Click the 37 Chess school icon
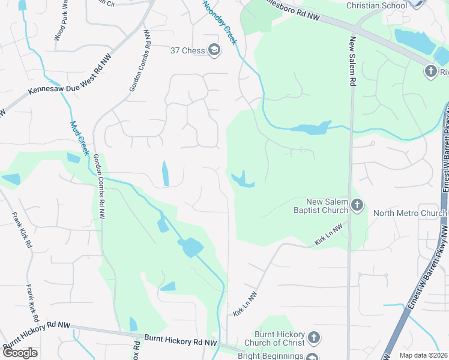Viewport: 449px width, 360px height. tap(214, 50)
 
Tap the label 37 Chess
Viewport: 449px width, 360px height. tap(188, 50)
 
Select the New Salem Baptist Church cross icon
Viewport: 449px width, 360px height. tap(357, 206)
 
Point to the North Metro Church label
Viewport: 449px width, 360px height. tap(406, 213)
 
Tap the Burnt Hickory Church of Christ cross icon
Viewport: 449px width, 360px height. tap(313, 339)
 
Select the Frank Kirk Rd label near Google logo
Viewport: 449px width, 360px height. tap(31, 304)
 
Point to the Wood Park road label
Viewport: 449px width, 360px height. tap(61, 23)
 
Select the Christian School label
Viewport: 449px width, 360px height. tap(377, 5)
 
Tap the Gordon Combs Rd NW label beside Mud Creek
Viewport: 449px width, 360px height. tap(99, 186)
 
